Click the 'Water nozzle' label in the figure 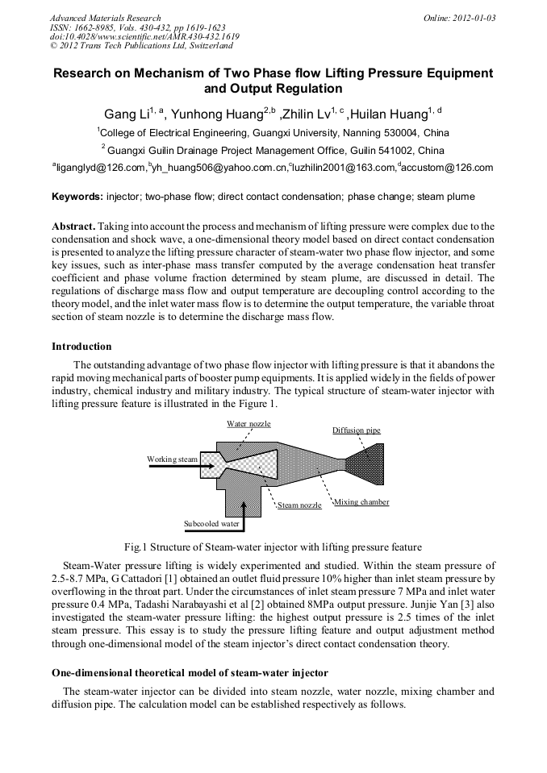tap(248, 423)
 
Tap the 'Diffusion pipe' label tap(356, 430)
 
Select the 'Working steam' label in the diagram tap(172, 459)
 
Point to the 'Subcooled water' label tap(211, 523)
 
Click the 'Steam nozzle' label tap(299, 505)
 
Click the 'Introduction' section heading tap(81, 347)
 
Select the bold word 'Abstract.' tap(75, 226)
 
